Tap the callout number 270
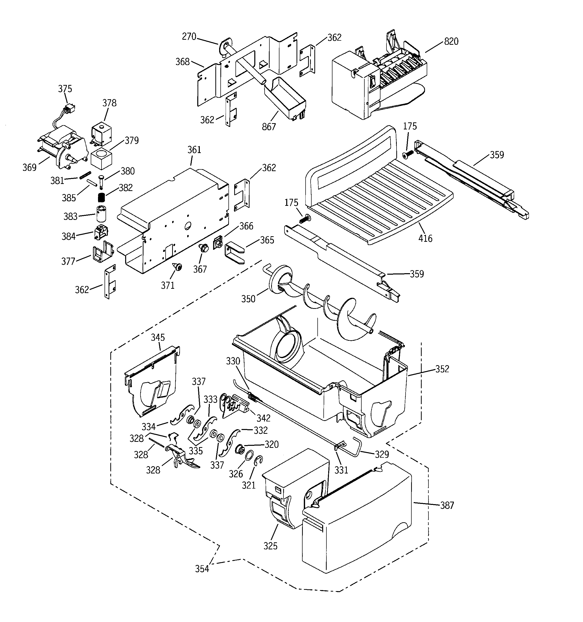click(189, 37)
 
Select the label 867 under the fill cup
click(269, 127)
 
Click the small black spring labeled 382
click(101, 198)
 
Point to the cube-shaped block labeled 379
click(101, 159)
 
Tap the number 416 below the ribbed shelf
click(425, 238)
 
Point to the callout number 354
click(202, 568)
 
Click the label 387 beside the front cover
click(447, 505)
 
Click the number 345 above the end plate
click(158, 337)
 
